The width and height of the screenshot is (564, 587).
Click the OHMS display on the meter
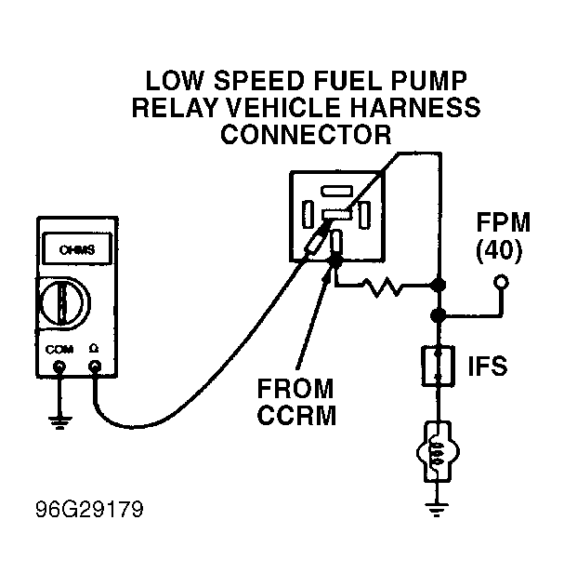tap(77, 248)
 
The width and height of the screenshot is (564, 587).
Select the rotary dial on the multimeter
tap(64, 303)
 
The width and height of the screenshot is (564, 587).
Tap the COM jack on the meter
tap(59, 367)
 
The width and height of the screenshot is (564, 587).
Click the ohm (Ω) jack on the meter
tap(95, 367)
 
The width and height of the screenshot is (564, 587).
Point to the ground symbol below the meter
tap(59, 422)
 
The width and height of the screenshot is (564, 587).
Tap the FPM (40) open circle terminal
tap(501, 282)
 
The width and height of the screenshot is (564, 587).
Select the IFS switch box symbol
tap(438, 367)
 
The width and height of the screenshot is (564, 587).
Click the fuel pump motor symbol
tap(438, 451)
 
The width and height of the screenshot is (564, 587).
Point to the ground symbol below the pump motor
tap(437, 510)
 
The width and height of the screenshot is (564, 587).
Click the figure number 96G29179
tap(89, 510)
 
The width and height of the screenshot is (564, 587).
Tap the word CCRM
tap(297, 415)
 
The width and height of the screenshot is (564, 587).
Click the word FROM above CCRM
tap(295, 389)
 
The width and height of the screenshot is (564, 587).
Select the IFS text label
tap(488, 366)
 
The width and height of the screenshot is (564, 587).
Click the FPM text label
tap(504, 222)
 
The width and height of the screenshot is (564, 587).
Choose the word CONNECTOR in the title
tap(306, 134)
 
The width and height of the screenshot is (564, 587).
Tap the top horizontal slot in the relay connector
tap(336, 191)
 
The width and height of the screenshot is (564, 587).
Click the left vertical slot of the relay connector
tap(308, 214)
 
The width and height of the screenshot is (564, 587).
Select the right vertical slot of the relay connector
tap(364, 215)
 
